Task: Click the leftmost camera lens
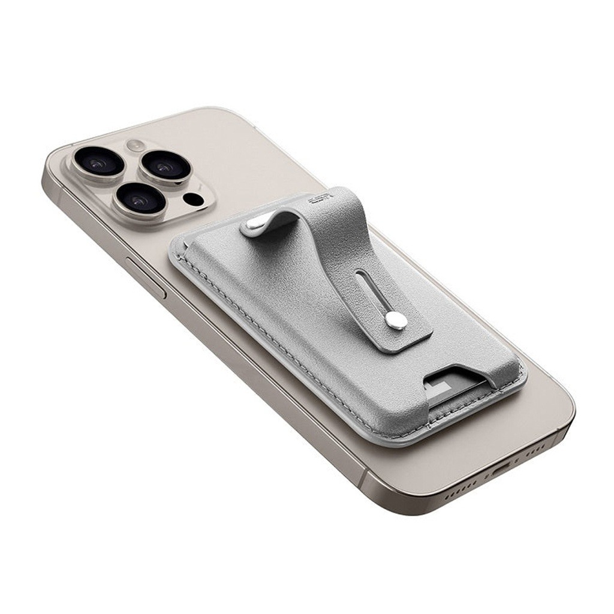click(x=98, y=161)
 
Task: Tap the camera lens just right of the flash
click(x=166, y=166)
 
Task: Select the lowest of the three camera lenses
click(x=140, y=200)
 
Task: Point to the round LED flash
click(x=135, y=145)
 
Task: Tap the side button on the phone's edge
click(x=146, y=277)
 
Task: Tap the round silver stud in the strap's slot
click(x=395, y=320)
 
